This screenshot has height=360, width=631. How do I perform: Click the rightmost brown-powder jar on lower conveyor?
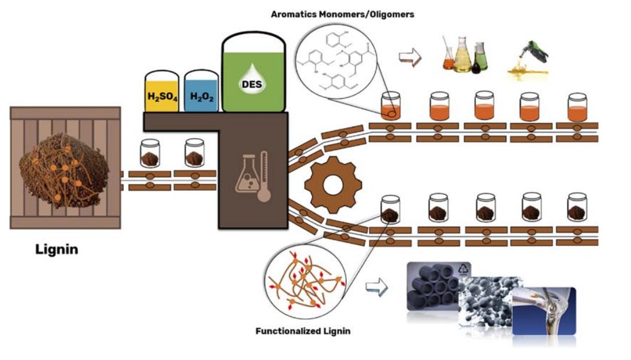tap(577, 207)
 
